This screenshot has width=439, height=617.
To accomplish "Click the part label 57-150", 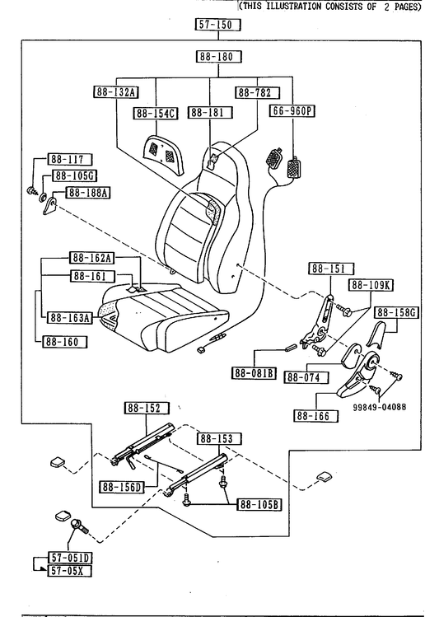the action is tap(217, 25).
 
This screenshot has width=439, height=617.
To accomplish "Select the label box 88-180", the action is tap(218, 56).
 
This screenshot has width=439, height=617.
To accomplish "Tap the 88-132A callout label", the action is tap(116, 92).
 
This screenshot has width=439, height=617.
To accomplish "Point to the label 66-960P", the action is tap(292, 111).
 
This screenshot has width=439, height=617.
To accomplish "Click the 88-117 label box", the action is tap(70, 159).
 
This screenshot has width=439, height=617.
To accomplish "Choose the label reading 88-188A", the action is tap(88, 193).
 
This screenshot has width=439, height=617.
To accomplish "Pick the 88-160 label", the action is tap(65, 342).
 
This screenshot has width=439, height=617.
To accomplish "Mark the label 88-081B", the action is tap(254, 372).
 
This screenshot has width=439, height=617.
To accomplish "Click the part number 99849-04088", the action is tap(379, 407).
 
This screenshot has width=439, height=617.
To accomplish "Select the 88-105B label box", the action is tap(259, 504).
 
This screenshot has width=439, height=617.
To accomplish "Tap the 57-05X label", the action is tap(69, 571).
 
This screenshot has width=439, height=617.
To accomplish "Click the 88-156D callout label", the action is tap(122, 487).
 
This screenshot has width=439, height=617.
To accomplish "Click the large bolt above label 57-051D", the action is tap(80, 527).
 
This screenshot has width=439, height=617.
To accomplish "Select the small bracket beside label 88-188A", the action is tap(49, 206).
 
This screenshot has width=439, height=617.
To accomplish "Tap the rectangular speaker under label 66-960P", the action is tap(293, 167).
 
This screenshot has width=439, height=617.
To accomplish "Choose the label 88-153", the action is tap(219, 438).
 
